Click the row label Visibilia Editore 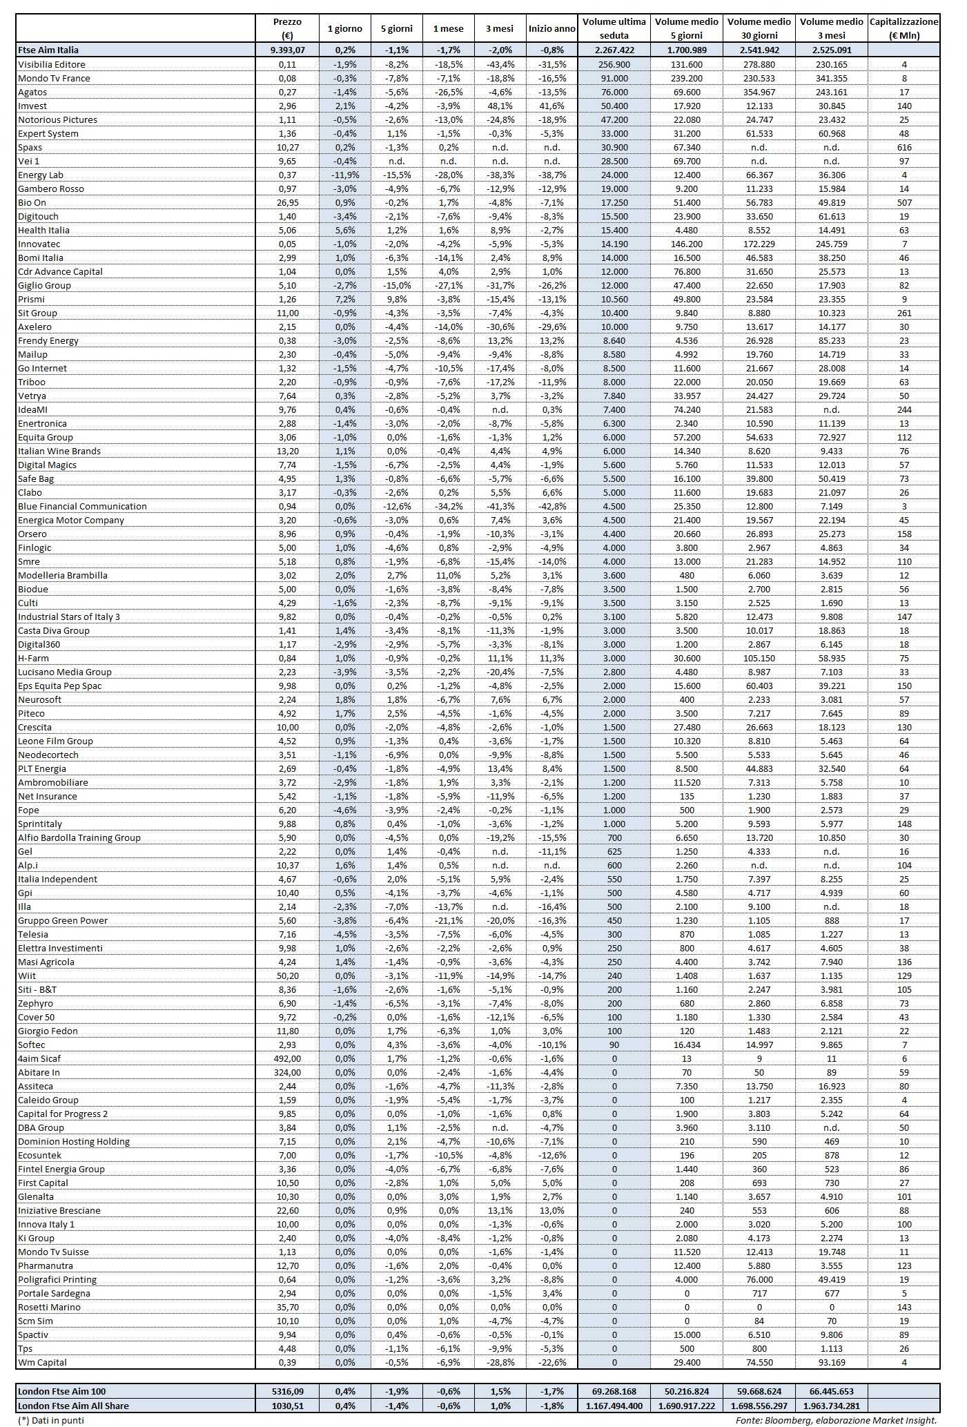tap(52, 64)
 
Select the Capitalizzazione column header tap(903, 28)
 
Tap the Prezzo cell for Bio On tap(287, 202)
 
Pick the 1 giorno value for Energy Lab tap(345, 175)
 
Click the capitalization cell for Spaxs tap(903, 147)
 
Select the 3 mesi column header tap(500, 28)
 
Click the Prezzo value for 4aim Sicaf tap(287, 1058)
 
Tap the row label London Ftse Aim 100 tap(62, 1391)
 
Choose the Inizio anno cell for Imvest tap(551, 106)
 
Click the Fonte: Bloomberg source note tap(836, 1420)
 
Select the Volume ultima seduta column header tap(614, 28)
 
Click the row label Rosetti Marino tap(49, 1307)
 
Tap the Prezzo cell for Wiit tap(287, 975)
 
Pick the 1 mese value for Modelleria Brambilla tap(448, 575)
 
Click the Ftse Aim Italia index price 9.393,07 tap(287, 50)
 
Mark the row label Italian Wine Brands tap(59, 451)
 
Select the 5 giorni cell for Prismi tap(396, 299)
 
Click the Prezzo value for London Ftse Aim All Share tap(287, 1405)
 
